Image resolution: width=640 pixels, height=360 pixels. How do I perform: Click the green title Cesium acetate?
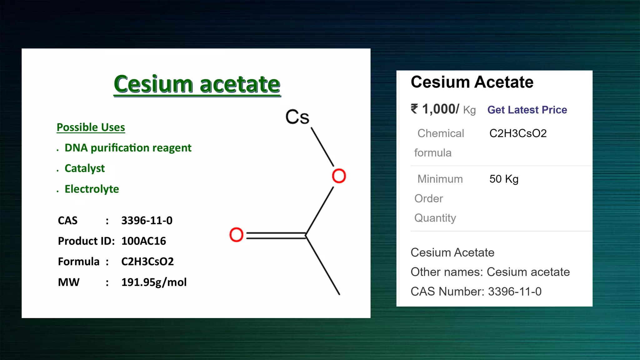197,84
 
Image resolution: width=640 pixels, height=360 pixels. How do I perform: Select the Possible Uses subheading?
91,127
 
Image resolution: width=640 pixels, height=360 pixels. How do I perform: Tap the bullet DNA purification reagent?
128,148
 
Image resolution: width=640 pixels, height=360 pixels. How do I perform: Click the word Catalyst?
85,168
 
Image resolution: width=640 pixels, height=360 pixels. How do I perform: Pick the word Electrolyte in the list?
92,189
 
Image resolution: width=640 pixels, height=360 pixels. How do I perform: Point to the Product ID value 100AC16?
143,241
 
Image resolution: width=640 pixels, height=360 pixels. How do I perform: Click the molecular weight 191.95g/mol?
154,282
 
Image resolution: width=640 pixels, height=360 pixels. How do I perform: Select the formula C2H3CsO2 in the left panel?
147,262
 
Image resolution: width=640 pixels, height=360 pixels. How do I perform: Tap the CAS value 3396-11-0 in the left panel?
147,221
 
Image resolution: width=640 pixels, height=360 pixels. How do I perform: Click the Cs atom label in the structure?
297,117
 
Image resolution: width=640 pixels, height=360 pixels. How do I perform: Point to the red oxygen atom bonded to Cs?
339,176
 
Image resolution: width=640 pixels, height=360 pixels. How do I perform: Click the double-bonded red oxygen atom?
236,235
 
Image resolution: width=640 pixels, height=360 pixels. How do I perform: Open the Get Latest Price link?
527,110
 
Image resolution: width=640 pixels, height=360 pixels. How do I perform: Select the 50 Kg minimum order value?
504,179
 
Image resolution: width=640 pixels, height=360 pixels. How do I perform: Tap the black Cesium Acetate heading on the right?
472,82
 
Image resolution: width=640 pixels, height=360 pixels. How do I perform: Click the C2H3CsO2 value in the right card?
518,133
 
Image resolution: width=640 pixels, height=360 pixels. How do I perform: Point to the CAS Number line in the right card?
476,292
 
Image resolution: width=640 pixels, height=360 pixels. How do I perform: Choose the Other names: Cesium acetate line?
490,272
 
